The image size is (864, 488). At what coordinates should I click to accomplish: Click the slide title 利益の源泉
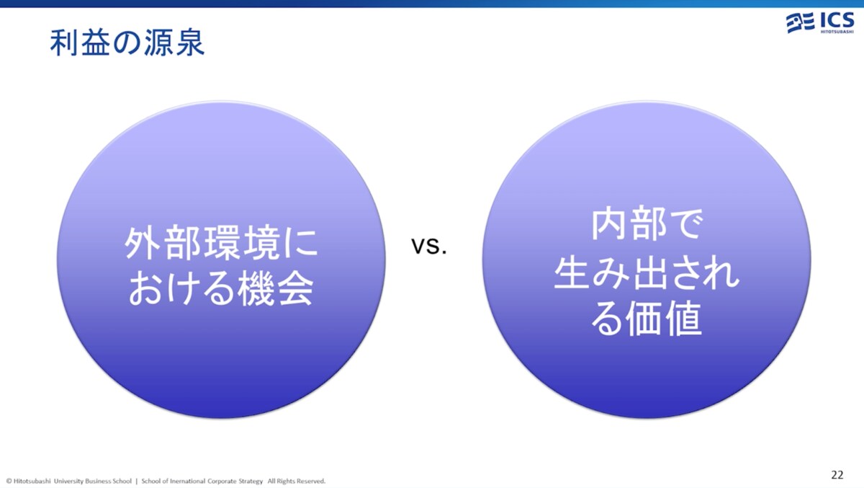(127, 43)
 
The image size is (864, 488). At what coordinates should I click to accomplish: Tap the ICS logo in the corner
(820, 23)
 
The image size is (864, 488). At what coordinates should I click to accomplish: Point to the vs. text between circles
(429, 246)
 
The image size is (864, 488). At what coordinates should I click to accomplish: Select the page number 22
(837, 474)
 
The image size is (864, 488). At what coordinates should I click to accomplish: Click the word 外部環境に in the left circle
(221, 243)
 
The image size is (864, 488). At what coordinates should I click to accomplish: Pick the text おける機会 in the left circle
(220, 288)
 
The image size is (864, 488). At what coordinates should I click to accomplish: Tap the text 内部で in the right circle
(647, 224)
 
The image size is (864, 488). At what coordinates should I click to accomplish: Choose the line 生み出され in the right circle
(647, 272)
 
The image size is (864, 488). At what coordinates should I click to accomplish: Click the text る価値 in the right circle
(647, 319)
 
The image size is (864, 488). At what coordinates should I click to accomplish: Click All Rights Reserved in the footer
(297, 481)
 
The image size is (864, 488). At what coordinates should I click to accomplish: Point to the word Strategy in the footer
(251, 482)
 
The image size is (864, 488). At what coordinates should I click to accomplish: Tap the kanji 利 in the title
(64, 43)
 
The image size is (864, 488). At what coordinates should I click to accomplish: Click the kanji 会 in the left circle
(295, 288)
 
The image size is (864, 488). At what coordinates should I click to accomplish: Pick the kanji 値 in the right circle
(683, 319)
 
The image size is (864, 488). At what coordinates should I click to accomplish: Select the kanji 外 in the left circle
(143, 243)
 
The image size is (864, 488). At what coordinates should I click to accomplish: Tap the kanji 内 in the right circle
(609, 223)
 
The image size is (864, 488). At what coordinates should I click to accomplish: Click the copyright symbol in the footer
(9, 481)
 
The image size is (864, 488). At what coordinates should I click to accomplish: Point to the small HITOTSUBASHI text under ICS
(837, 32)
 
